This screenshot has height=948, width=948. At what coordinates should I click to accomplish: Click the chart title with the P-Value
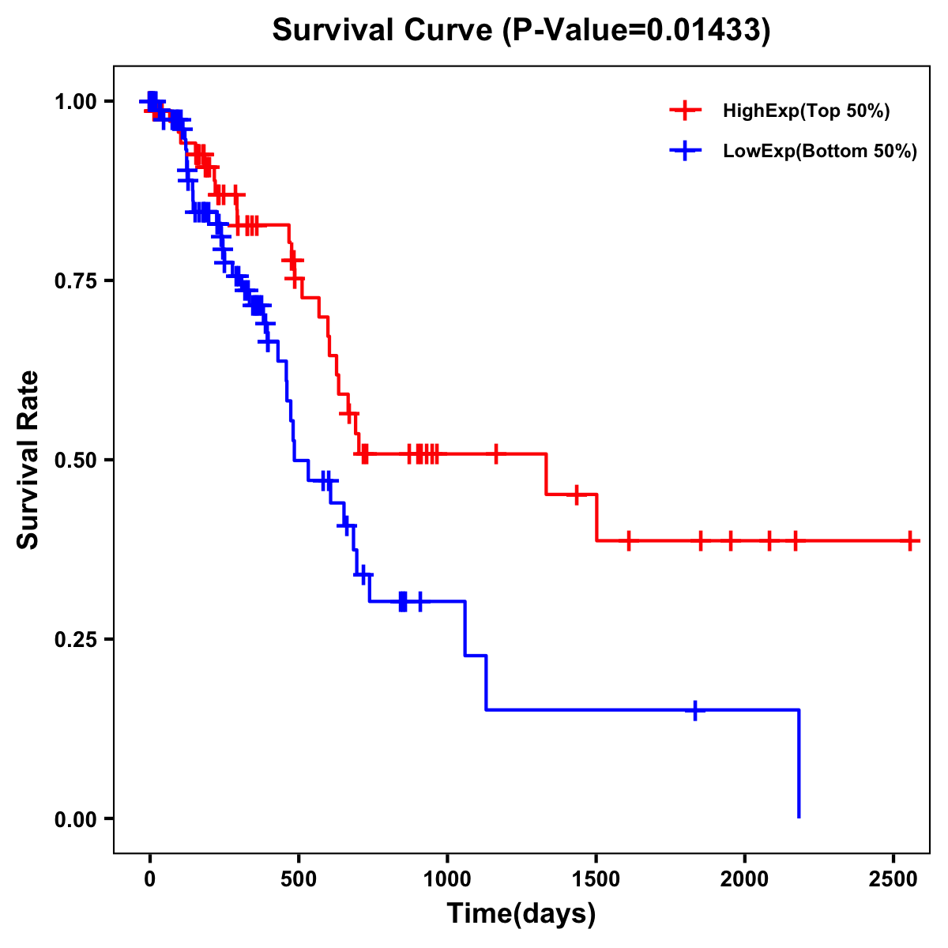tap(521, 31)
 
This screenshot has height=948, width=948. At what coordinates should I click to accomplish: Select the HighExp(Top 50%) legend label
tap(806, 111)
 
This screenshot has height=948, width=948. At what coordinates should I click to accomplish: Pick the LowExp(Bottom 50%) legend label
tap(820, 152)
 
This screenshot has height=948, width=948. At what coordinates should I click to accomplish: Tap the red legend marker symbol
tap(685, 111)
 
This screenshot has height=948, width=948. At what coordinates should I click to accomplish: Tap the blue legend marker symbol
tap(685, 151)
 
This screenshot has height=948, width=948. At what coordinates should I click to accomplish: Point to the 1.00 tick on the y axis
tap(76, 102)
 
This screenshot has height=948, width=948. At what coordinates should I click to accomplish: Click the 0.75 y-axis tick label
tap(76, 281)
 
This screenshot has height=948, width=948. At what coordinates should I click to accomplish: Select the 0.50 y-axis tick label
tap(76, 461)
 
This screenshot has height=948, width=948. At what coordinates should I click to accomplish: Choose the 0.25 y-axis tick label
tap(76, 640)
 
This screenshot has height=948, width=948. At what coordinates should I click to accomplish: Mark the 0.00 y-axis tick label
tap(76, 819)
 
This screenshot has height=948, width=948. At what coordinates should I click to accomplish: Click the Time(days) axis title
tap(521, 914)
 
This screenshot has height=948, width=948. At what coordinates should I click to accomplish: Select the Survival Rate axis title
tap(28, 460)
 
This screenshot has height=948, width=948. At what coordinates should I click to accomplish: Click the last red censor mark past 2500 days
tap(911, 541)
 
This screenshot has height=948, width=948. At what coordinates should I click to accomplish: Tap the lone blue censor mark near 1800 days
tap(695, 710)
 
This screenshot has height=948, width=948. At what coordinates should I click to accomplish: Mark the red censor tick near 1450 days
tap(577, 495)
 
